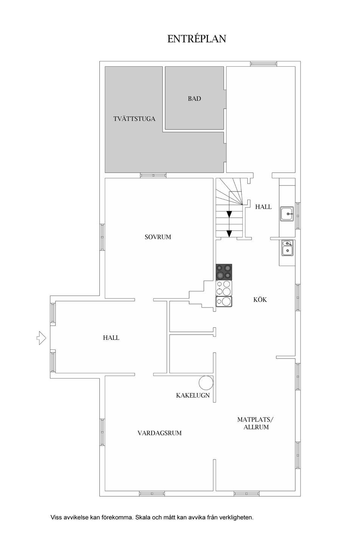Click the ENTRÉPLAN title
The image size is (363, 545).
click(197, 39)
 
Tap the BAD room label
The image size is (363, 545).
click(194, 98)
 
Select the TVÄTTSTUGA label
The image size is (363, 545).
click(134, 119)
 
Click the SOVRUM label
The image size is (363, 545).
click(158, 237)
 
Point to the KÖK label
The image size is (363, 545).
click(260, 299)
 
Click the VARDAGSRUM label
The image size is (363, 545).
click(160, 433)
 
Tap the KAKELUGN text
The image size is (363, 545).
click(193, 396)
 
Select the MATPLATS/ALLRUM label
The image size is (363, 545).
click(256, 423)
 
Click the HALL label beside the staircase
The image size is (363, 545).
click(263, 207)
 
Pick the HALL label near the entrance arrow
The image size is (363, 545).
click(111, 338)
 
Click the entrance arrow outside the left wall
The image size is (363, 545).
click(41, 338)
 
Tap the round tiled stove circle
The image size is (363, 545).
click(206, 383)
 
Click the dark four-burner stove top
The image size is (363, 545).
click(224, 272)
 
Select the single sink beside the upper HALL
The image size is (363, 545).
click(287, 214)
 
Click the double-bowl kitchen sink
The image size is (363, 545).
click(288, 248)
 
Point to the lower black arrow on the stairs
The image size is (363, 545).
click(229, 234)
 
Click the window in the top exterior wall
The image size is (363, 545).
click(264, 64)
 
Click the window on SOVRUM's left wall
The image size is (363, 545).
click(102, 237)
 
